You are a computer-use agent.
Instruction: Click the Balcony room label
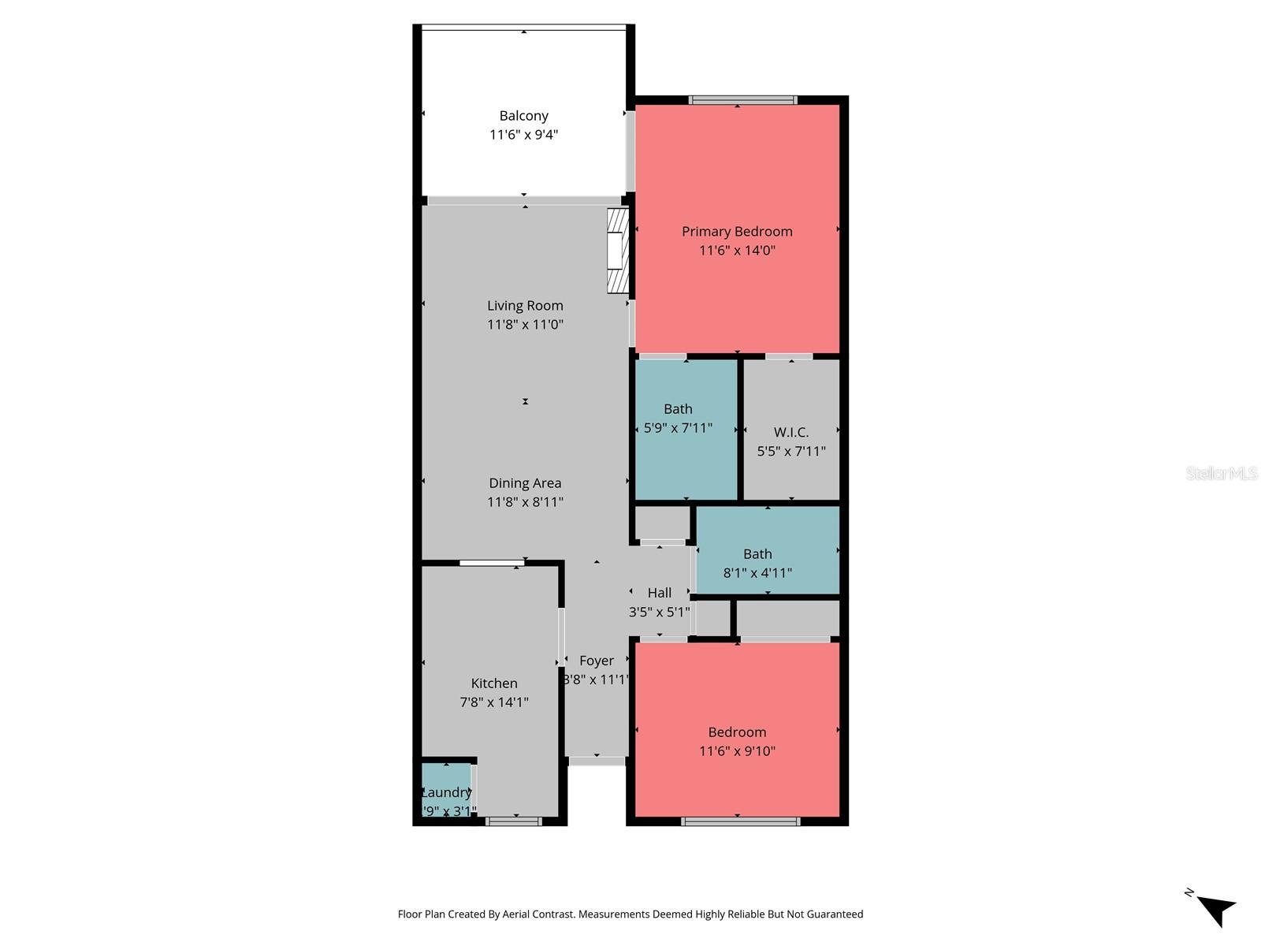[x=523, y=116]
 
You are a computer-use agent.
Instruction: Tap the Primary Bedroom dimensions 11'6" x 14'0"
[x=737, y=251]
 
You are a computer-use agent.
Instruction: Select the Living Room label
[x=525, y=306]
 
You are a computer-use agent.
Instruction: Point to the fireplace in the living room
[x=617, y=251]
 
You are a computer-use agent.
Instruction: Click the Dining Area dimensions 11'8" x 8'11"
[x=525, y=502]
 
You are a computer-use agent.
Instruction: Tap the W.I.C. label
[x=790, y=432]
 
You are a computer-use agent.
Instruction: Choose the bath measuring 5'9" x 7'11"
[x=678, y=419]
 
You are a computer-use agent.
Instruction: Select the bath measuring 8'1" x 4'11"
[x=757, y=563]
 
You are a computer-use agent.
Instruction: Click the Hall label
[x=660, y=593]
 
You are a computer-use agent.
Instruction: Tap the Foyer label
[x=596, y=661]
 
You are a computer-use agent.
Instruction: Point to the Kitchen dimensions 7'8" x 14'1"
[x=494, y=702]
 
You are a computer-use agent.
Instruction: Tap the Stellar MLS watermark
[x=1222, y=473]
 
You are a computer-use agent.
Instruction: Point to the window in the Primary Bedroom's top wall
[x=742, y=100]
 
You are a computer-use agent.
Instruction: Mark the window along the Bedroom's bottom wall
[x=740, y=821]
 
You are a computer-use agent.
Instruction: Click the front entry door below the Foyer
[x=597, y=762]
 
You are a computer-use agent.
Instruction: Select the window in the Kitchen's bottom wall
[x=514, y=821]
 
